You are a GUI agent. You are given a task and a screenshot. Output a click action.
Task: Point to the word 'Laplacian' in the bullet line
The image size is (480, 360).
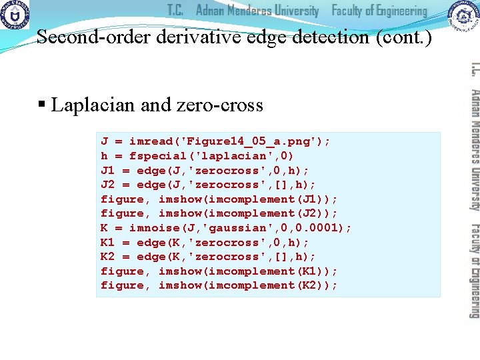93,105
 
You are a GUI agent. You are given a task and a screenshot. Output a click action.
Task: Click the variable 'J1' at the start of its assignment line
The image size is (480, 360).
107,170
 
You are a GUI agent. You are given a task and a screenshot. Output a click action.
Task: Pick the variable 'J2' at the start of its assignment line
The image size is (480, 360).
107,185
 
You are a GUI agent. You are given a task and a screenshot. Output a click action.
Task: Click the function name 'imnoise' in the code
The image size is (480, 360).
154,227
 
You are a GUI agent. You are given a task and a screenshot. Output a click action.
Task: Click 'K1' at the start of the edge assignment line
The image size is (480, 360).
107,242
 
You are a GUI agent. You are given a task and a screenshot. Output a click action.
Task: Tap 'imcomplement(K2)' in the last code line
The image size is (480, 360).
244,285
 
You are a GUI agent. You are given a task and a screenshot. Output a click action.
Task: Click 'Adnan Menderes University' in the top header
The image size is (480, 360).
257,11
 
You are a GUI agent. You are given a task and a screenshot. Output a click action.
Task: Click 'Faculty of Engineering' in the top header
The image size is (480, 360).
379,11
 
